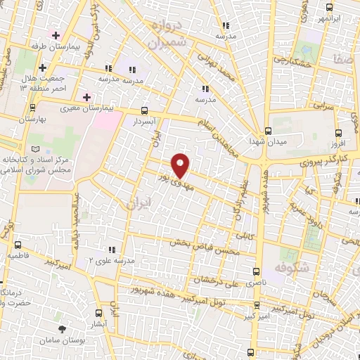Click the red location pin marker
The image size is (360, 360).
pyautogui.click(x=181, y=165)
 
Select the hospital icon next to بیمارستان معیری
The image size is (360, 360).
pyautogui.click(x=87, y=96)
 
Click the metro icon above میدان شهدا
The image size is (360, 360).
pyautogui.click(x=268, y=131)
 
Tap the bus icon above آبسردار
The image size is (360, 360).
pyautogui.click(x=144, y=110)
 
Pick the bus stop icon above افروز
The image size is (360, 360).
pyautogui.click(x=338, y=132)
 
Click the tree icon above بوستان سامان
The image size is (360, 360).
pyautogui.click(x=64, y=328)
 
